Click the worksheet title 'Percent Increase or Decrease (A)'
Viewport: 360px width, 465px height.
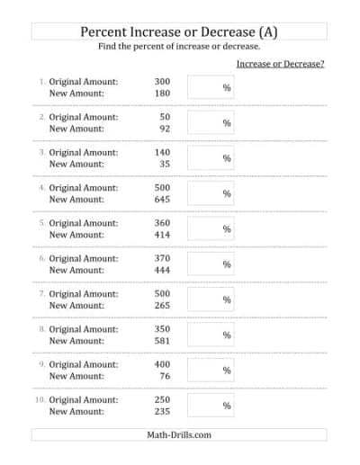point(179,31)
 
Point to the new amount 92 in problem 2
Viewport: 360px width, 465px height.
point(165,129)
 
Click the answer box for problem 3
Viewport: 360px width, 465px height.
point(211,158)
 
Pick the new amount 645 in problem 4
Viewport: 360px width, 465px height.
point(162,200)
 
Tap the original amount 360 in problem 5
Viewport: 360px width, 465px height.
point(162,223)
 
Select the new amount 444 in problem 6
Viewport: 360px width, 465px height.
point(162,270)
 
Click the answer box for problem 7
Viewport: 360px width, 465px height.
point(211,300)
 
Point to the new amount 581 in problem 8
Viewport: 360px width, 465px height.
point(162,341)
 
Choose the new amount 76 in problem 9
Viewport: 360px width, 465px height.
point(165,376)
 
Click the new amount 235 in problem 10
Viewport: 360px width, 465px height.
point(162,411)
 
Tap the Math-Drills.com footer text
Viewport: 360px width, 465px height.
point(179,434)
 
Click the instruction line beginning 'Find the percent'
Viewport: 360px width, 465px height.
point(179,47)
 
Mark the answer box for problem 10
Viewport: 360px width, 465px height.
point(211,406)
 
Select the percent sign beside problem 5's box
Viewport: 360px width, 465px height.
point(227,229)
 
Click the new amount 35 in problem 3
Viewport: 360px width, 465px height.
point(165,165)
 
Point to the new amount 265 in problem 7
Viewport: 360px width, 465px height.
point(162,306)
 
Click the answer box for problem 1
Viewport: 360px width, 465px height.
point(211,87)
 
